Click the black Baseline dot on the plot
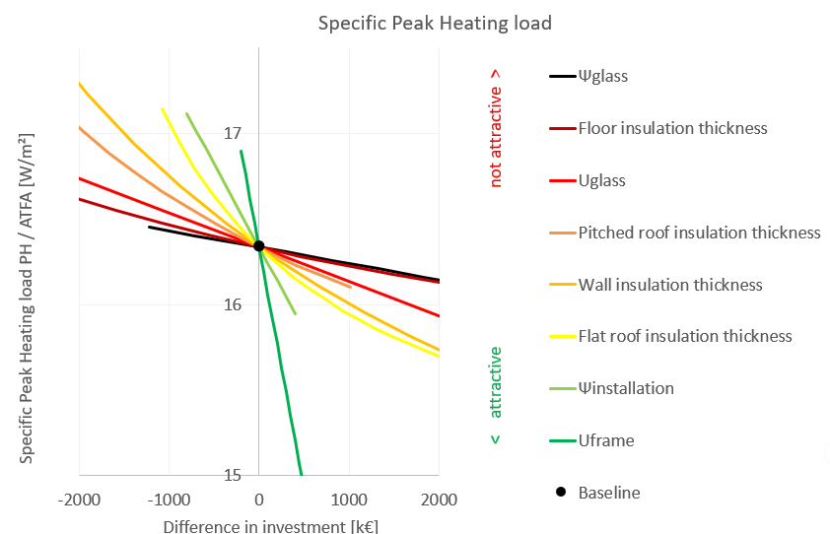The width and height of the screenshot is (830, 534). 258,245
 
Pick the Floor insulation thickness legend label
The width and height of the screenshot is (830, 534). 672,128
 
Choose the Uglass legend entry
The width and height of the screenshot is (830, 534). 602,180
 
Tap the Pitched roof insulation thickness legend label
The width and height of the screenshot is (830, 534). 699,233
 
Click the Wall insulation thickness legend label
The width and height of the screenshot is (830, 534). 670,285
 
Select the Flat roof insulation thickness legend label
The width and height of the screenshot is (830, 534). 685,336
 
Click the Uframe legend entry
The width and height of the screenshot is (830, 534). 606,440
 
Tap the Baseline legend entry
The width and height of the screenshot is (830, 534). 609,492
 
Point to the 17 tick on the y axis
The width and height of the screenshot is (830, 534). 234,133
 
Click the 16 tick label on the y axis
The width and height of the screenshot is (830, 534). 234,304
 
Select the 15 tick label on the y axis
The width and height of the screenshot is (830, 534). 234,475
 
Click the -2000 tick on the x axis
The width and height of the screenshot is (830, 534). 79,501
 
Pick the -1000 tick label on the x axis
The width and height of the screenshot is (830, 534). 169,501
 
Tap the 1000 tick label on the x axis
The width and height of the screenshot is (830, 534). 348,501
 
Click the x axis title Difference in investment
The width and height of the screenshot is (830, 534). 270,524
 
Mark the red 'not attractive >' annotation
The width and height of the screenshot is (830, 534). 495,127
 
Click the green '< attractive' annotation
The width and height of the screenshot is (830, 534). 495,395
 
